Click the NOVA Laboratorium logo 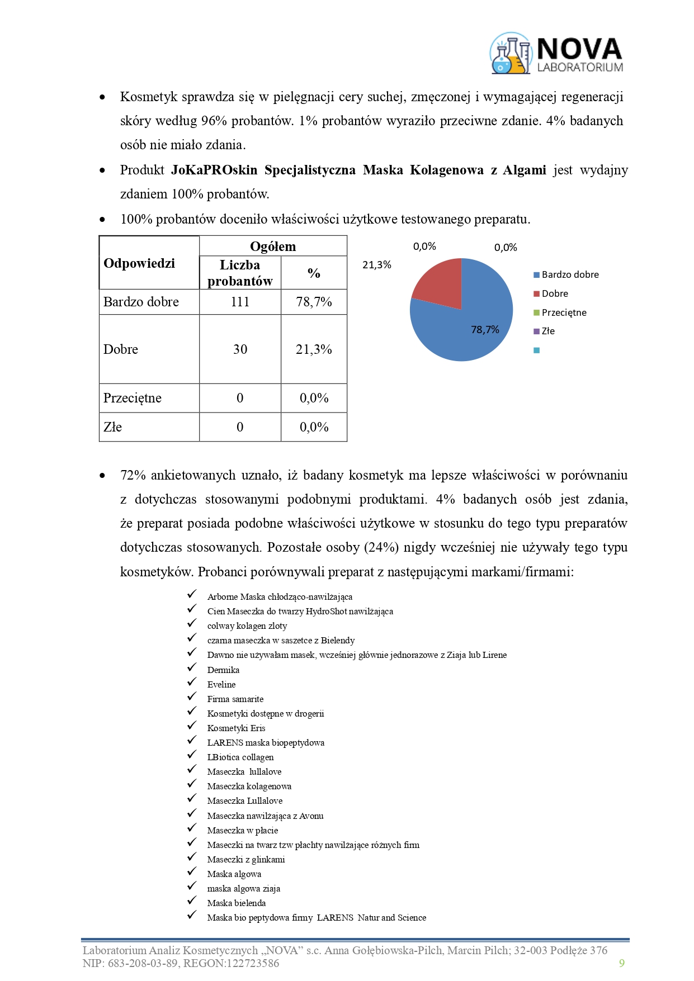tap(556, 54)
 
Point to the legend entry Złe tap(547, 331)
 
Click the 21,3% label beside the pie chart tap(377, 265)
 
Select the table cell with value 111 tap(240, 302)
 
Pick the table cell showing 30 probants tap(240, 349)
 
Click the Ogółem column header tap(273, 247)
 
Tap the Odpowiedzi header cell tap(139, 263)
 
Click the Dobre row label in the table tap(121, 349)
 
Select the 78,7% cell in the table tap(314, 302)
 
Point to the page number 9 tap(621, 963)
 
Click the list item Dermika tap(223, 670)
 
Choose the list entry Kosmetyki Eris tap(236, 728)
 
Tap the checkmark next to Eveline tap(192, 682)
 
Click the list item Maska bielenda tap(236, 903)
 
